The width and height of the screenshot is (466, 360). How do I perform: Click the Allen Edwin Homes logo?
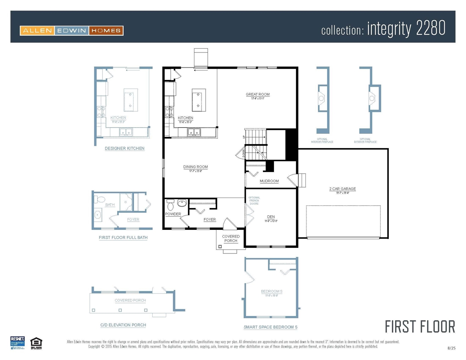click(72, 30)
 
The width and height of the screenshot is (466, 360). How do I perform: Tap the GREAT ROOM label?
click(258, 94)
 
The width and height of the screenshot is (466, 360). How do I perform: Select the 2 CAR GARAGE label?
click(343, 189)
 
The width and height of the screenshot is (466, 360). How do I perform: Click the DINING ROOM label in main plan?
click(195, 167)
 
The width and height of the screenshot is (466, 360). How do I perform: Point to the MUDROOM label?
click(269, 181)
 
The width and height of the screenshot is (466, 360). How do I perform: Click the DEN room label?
click(271, 217)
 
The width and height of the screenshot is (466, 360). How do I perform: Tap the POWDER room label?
click(173, 214)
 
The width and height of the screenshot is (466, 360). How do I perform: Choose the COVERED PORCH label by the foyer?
click(231, 238)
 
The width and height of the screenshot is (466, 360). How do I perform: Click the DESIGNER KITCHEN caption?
click(125, 148)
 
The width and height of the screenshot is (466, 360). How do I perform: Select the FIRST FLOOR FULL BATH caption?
click(123, 237)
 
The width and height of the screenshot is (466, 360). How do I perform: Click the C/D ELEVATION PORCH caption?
click(123, 325)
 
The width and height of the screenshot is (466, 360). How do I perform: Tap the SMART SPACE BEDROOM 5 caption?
click(271, 327)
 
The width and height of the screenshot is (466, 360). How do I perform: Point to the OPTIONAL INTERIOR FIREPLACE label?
click(322, 141)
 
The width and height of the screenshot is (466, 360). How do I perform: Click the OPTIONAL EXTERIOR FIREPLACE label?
click(365, 141)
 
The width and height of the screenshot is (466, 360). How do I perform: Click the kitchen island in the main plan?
click(199, 100)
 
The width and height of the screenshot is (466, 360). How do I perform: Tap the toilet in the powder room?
click(170, 205)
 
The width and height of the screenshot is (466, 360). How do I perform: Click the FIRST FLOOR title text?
click(420, 327)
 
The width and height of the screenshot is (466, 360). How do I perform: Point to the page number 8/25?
click(451, 348)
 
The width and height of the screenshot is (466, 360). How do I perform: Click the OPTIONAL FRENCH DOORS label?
click(254, 201)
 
